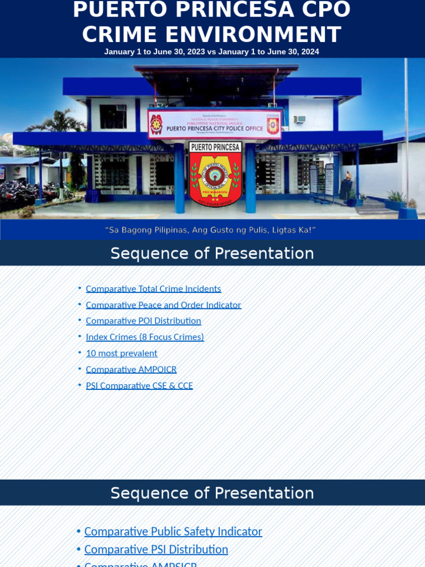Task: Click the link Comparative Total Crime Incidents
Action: tap(153, 288)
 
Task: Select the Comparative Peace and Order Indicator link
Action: tap(163, 305)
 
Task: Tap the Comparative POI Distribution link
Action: tap(143, 321)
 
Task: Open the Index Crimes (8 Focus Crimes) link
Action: tap(145, 337)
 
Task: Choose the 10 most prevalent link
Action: tap(121, 353)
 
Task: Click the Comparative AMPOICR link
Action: tap(131, 369)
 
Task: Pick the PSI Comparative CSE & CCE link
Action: tap(139, 385)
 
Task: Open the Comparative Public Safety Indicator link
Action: tap(173, 531)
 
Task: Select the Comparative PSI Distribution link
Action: tap(156, 549)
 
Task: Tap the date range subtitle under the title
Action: tap(212, 51)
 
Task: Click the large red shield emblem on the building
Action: tap(215, 174)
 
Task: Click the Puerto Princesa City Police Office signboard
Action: tap(215, 123)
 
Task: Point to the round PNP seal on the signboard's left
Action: tap(157, 124)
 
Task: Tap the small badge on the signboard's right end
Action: tap(273, 125)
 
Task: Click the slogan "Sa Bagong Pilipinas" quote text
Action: tap(211, 229)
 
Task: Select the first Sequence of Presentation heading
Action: tap(212, 253)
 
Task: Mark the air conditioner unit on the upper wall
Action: tap(299, 120)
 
